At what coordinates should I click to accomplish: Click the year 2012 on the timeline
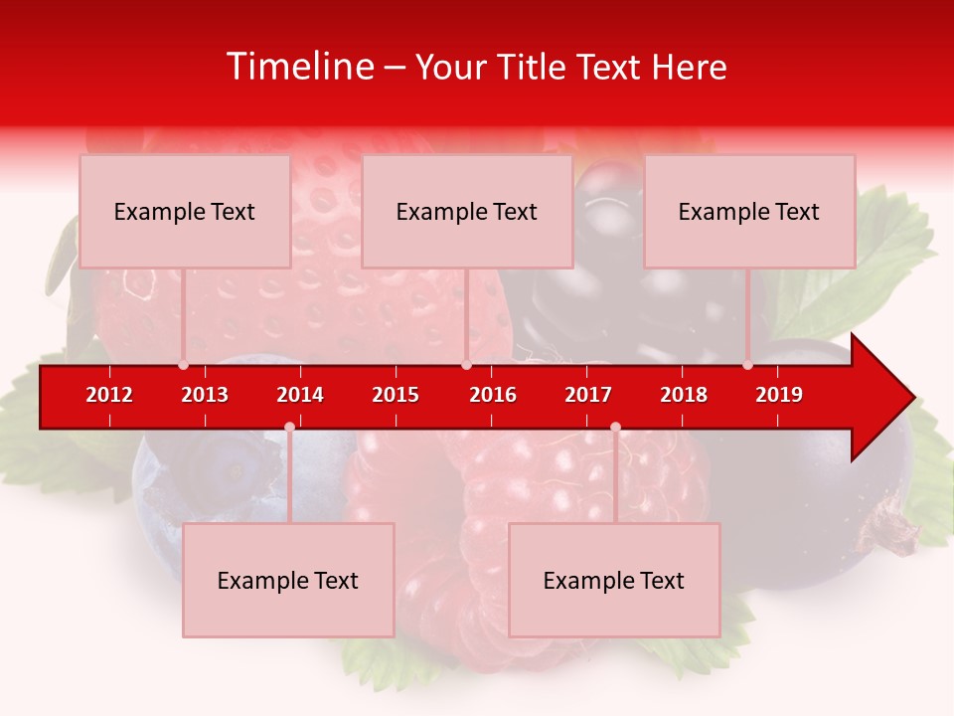pos(109,395)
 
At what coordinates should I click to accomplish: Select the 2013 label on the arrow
pos(205,395)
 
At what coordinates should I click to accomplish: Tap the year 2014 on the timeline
pos(300,395)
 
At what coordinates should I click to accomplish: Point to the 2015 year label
pos(396,395)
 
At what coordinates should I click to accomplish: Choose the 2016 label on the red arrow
pos(493,395)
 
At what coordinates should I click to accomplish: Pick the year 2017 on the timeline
pos(588,395)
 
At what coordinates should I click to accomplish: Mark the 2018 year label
pos(684,395)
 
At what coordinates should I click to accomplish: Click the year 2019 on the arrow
pos(779,395)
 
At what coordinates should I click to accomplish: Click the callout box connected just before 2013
pos(185,211)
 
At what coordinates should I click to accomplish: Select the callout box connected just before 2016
pos(467,211)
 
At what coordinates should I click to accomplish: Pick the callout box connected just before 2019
pos(749,211)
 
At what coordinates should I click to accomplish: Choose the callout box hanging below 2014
pos(288,580)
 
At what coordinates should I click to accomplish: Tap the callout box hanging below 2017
pos(614,580)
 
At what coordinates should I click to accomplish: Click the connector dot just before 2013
pos(183,365)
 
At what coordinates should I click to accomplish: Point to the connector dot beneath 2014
pos(289,427)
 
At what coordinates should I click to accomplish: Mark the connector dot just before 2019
pos(747,365)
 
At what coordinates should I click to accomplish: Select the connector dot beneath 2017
pos(615,427)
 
